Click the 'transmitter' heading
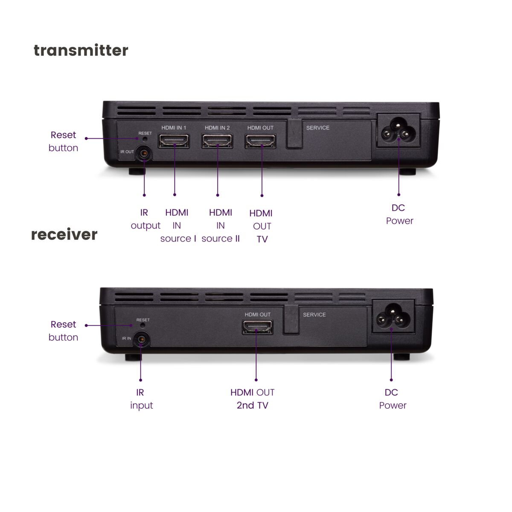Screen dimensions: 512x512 coord(81,50)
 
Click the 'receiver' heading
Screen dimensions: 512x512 coord(64,234)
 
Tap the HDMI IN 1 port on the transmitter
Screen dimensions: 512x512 coord(174,141)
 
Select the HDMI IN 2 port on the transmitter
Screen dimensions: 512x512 coord(217,141)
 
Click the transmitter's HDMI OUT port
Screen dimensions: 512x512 coord(260,141)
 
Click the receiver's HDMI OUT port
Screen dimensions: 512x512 coord(257,327)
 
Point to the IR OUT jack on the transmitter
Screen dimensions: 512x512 coord(144,154)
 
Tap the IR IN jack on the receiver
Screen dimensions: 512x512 coord(141,339)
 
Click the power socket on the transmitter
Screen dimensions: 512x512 coord(398,131)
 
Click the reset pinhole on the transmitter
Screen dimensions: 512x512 coord(145,139)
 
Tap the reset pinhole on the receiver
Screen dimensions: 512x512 coord(143,325)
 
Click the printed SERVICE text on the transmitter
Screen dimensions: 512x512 coord(318,128)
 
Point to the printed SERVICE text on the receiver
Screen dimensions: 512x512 coord(314,314)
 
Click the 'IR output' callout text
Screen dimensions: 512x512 coord(145,219)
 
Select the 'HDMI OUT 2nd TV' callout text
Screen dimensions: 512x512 coord(253,399)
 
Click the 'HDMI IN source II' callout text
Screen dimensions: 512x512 coord(221,226)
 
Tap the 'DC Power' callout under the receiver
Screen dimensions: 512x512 coord(393,399)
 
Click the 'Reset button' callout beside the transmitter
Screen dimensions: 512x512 coord(63,141)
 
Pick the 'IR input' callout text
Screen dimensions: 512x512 coord(141,399)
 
